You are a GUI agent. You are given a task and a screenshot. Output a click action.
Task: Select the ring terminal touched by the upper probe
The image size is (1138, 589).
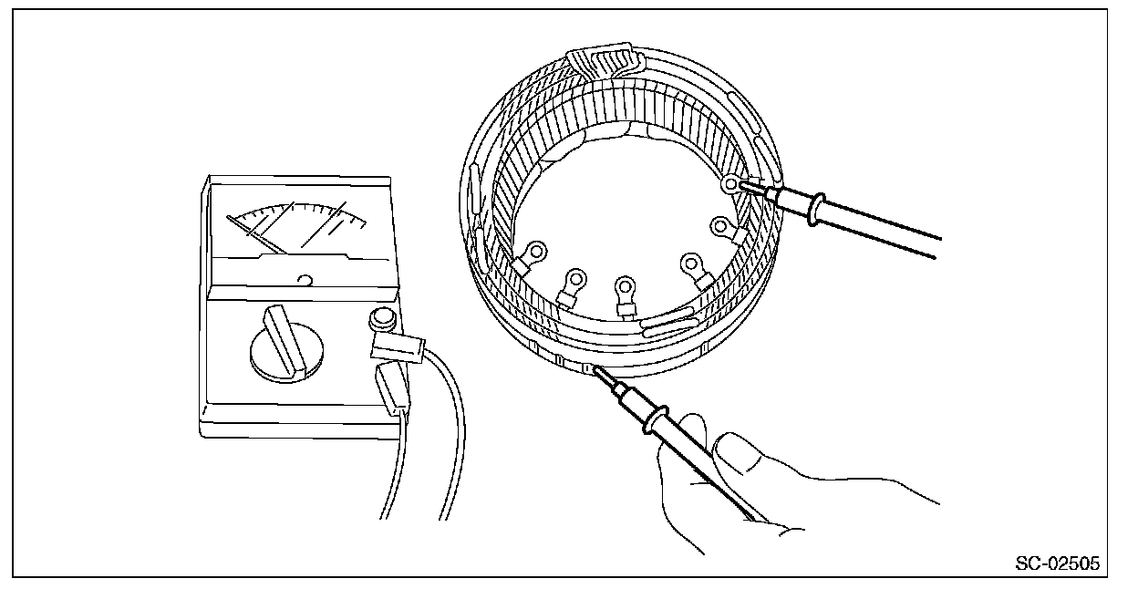pos(729,186)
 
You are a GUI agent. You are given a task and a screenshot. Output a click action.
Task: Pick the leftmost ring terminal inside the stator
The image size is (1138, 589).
pos(535,252)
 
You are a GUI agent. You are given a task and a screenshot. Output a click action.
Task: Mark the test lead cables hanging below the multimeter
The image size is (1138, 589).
pos(438,474)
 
